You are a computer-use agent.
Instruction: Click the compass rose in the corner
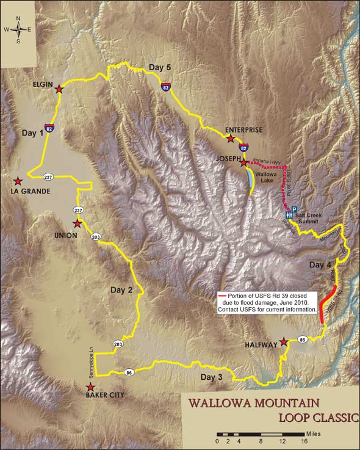click(x=18, y=29)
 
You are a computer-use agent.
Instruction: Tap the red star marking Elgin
click(x=59, y=89)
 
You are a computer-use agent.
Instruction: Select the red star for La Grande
click(x=18, y=181)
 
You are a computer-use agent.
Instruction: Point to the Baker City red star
click(x=90, y=387)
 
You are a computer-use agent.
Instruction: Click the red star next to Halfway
click(x=283, y=343)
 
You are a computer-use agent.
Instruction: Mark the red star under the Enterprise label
click(x=231, y=139)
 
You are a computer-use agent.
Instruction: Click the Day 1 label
click(x=33, y=132)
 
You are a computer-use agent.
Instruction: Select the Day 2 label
click(x=121, y=289)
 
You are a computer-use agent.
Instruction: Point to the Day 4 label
click(x=320, y=265)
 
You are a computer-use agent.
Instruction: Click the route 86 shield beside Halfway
click(x=303, y=339)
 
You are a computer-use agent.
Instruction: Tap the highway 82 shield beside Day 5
click(x=167, y=87)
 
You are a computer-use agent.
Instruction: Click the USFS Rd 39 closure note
click(x=267, y=302)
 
